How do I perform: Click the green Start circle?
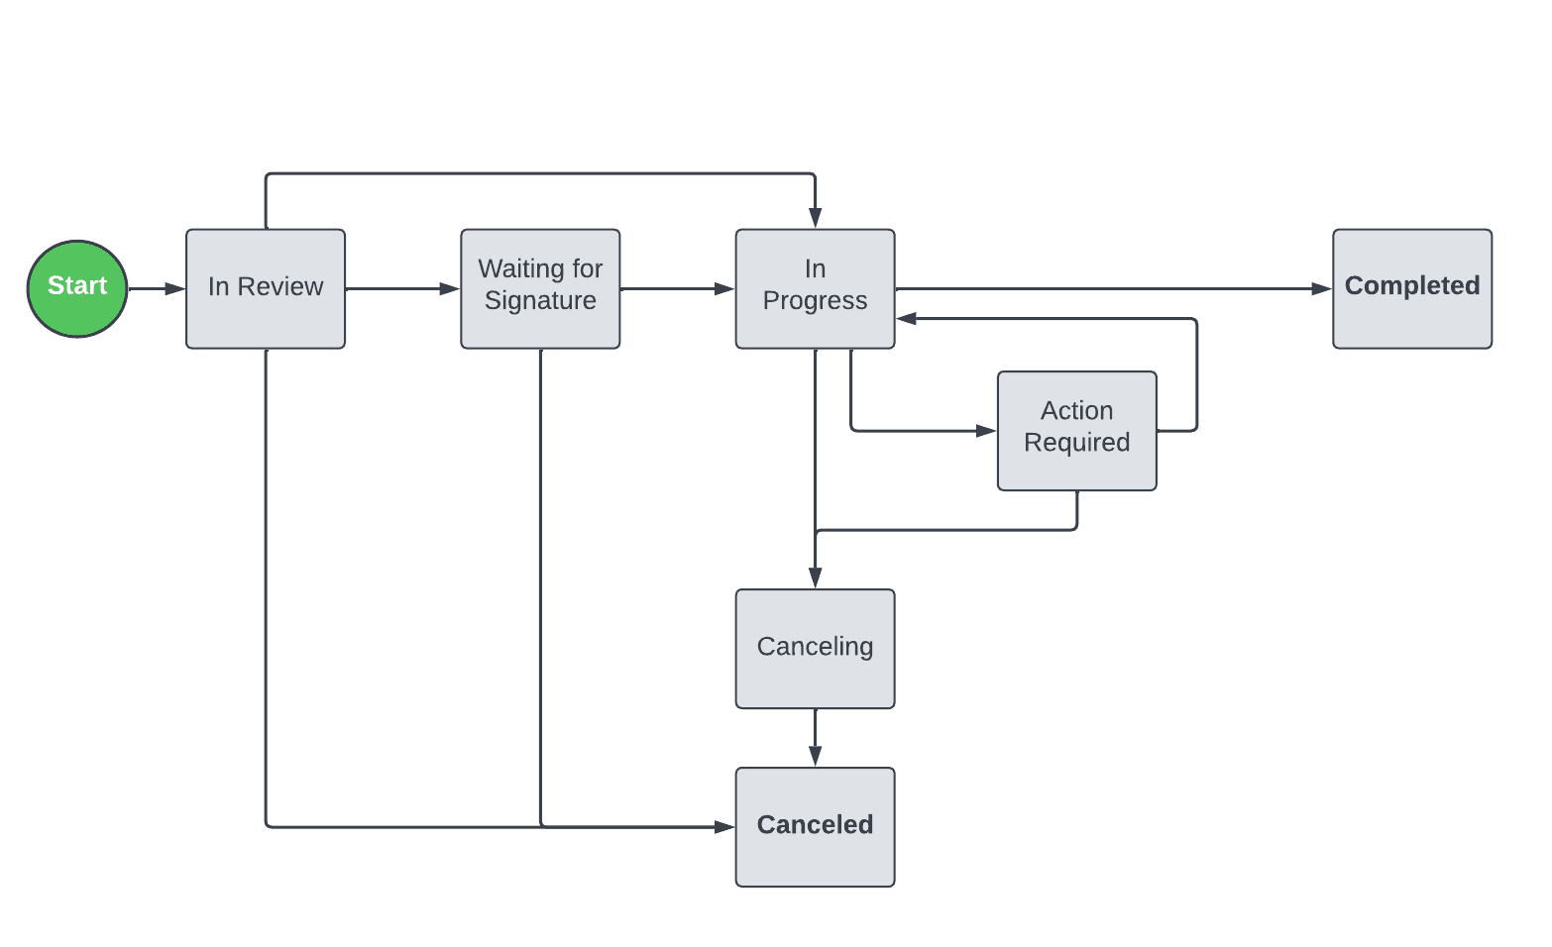(77, 288)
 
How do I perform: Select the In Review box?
(266, 288)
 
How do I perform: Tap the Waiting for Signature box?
(540, 288)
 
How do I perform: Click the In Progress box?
(815, 288)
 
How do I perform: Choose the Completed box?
(1411, 288)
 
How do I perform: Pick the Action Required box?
(1076, 430)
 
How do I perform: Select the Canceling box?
(815, 648)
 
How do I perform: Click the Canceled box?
(815, 826)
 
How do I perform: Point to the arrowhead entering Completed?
(1321, 288)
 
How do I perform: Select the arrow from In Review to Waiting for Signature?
(401, 288)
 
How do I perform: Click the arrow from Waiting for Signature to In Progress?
(676, 288)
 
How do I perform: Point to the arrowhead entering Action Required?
(986, 431)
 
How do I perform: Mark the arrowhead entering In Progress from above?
(815, 218)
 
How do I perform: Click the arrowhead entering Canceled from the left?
(724, 826)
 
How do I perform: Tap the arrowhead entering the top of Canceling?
(815, 578)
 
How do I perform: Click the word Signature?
(540, 301)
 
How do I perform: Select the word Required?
(1076, 443)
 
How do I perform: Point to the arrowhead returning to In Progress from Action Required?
(907, 319)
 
